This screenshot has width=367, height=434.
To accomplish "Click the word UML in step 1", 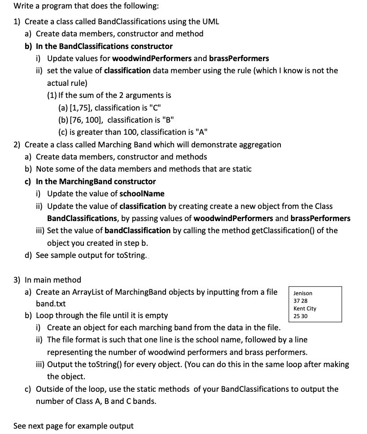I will click(211, 22).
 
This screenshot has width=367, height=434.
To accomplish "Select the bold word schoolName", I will click(142, 194).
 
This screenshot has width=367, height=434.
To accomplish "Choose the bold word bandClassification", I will click(137, 230).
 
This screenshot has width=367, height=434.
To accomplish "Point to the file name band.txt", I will click(50, 304).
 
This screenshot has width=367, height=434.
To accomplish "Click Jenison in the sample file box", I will click(303, 293).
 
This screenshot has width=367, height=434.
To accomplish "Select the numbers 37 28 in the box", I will click(301, 301).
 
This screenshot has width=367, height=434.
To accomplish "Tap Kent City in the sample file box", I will click(305, 309).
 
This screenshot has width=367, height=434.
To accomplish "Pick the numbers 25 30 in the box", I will click(301, 316).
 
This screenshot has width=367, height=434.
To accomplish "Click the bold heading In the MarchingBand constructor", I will click(96, 182).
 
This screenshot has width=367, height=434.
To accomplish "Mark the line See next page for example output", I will click(73, 426).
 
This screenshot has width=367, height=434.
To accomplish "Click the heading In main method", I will click(53, 280).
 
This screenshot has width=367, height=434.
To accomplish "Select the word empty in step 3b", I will click(157, 315).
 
